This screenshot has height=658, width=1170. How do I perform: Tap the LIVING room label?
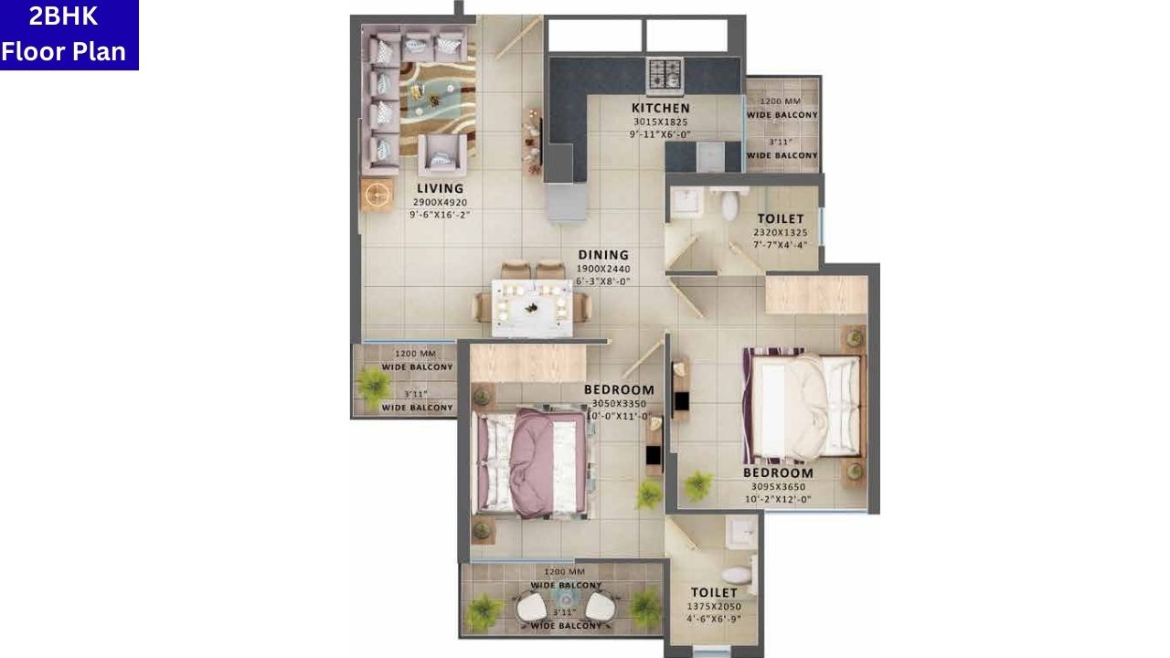(x=441, y=188)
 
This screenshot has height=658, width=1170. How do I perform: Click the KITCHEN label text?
(x=660, y=108)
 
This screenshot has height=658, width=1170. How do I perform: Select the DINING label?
(x=603, y=255)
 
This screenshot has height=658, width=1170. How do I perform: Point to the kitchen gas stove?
(x=665, y=72)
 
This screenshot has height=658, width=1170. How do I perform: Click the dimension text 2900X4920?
(x=441, y=202)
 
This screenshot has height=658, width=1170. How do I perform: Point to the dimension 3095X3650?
(x=778, y=487)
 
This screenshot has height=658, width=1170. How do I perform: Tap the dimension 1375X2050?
(x=714, y=606)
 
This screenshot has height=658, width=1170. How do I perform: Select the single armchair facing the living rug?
(x=442, y=154)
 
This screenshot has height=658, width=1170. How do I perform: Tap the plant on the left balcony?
(x=373, y=385)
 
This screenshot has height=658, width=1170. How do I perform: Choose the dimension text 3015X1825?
(x=660, y=122)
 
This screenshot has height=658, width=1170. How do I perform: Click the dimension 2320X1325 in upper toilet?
(x=780, y=232)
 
